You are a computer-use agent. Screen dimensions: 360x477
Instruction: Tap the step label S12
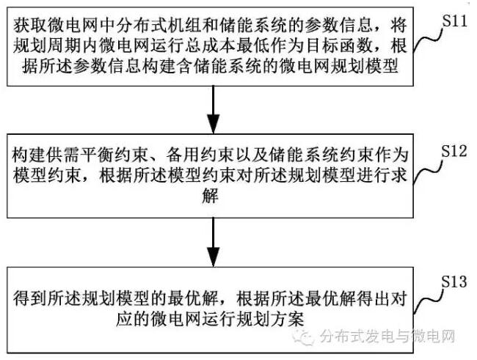[x=453, y=150]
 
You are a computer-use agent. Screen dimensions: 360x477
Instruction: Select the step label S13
[x=453, y=282]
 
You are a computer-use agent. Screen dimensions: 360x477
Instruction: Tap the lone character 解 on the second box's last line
[x=212, y=199]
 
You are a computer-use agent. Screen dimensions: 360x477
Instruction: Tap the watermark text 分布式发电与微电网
[x=390, y=337]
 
